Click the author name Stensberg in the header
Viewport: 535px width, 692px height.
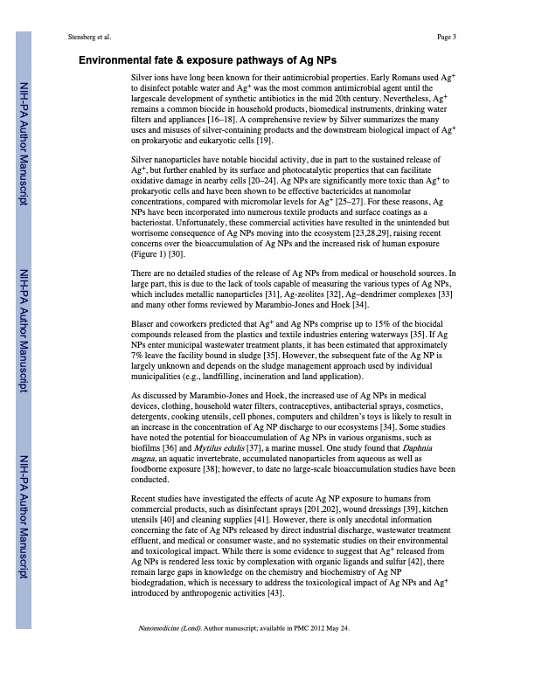(78, 37)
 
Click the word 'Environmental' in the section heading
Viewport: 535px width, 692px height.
(121, 61)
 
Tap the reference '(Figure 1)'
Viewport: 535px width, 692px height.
(148, 254)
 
